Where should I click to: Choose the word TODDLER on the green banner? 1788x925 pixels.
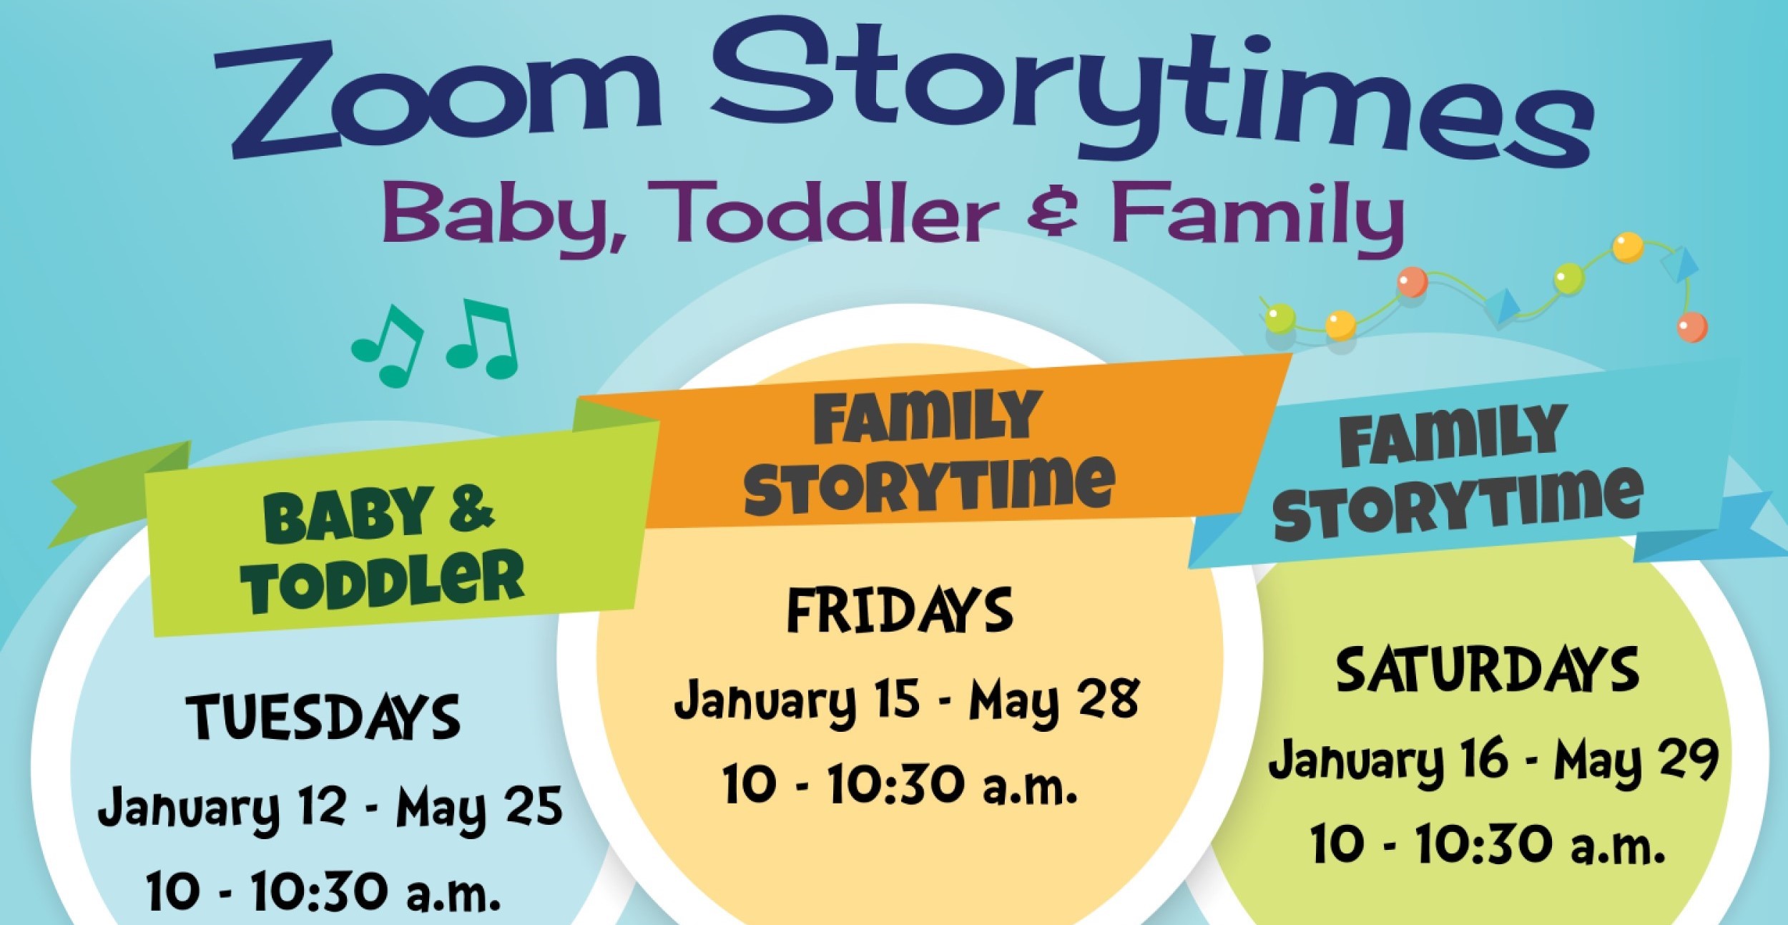coord(383,583)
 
